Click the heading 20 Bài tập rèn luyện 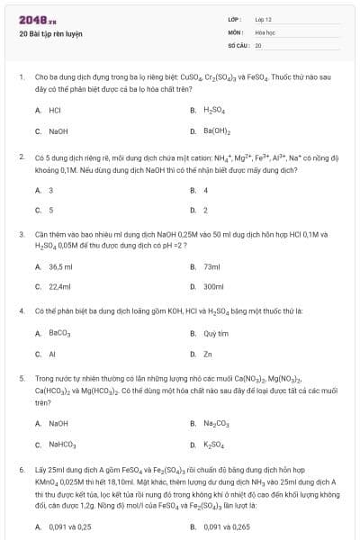(50, 34)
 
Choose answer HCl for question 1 (55, 110)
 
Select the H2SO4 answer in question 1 (212, 110)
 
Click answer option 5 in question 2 (51, 211)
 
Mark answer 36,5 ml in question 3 (61, 266)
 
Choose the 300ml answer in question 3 (213, 287)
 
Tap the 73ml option (212, 266)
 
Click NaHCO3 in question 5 (62, 445)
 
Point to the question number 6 (21, 470)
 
